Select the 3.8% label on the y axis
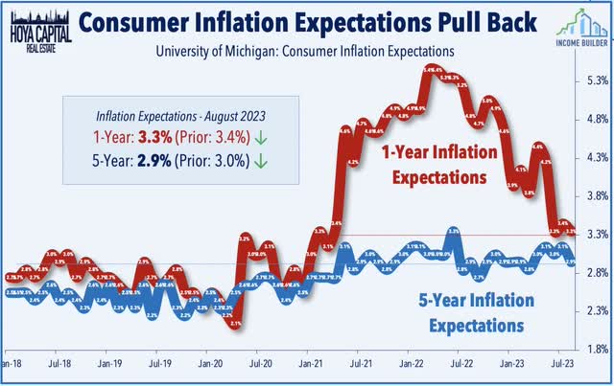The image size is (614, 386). [x=593, y=195]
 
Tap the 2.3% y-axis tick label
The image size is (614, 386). [x=593, y=310]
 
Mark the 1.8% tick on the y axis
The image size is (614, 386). [x=593, y=349]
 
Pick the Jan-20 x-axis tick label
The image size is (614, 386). [x=210, y=365]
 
